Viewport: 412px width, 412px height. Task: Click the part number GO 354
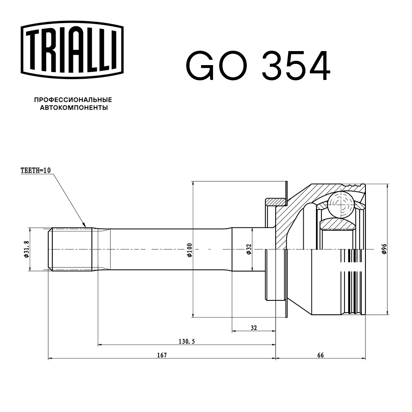click(258, 66)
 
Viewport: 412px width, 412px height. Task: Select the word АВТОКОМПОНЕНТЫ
click(74, 108)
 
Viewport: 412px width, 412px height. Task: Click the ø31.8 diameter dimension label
click(26, 249)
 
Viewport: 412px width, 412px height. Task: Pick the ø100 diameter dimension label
click(189, 250)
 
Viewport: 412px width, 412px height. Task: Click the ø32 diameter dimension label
click(248, 250)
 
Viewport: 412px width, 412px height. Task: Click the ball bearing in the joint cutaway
click(342, 204)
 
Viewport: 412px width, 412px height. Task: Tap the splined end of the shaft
click(70, 249)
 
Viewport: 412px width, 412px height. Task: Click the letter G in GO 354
click(201, 66)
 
